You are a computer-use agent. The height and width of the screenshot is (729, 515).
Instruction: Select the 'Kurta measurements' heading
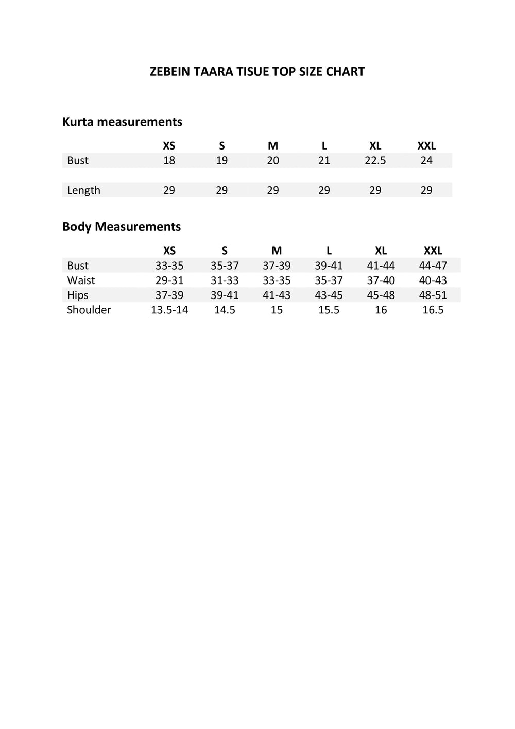[122, 122]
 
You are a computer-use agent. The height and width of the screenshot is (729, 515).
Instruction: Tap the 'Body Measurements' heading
[122, 227]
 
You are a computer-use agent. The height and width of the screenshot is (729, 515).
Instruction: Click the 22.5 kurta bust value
[375, 161]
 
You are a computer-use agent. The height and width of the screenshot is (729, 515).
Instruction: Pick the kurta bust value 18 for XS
[169, 161]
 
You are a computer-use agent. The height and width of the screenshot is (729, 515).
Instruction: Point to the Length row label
[83, 190]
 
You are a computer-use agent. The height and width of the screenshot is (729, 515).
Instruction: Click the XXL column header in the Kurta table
[426, 146]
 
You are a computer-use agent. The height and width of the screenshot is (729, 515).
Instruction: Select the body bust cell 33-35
[169, 266]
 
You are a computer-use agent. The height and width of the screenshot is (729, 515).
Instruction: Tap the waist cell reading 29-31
[169, 280]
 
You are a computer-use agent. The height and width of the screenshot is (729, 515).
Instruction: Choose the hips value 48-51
[433, 295]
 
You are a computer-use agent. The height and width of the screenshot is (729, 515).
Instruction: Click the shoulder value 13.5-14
[169, 310]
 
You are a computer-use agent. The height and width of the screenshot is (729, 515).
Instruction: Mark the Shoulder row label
[89, 310]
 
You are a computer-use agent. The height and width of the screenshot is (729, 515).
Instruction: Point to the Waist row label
[81, 280]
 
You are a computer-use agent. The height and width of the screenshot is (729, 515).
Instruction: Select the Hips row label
[78, 295]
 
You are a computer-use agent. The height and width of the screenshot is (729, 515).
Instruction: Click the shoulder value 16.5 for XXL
[433, 310]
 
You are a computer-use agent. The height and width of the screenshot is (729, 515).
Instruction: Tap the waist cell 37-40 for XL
[381, 280]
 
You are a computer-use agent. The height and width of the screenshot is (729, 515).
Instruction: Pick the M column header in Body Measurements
[277, 251]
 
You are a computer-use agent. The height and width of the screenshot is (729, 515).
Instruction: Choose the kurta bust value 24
[426, 161]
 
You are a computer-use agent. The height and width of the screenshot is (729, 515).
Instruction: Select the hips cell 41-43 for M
[277, 295]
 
